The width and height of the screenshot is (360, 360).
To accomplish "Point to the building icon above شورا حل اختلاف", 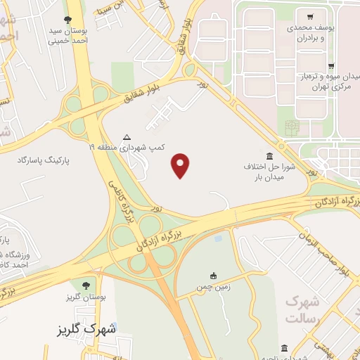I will point(270,155).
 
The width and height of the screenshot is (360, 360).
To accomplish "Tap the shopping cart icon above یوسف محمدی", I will point(310,17).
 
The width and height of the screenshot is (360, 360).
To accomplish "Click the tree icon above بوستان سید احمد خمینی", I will point(67,20).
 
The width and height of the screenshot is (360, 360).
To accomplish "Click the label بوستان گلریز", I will point(86,297).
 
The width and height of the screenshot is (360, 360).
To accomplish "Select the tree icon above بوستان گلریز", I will point(86,285).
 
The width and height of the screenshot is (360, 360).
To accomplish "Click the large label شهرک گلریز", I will point(87,328).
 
